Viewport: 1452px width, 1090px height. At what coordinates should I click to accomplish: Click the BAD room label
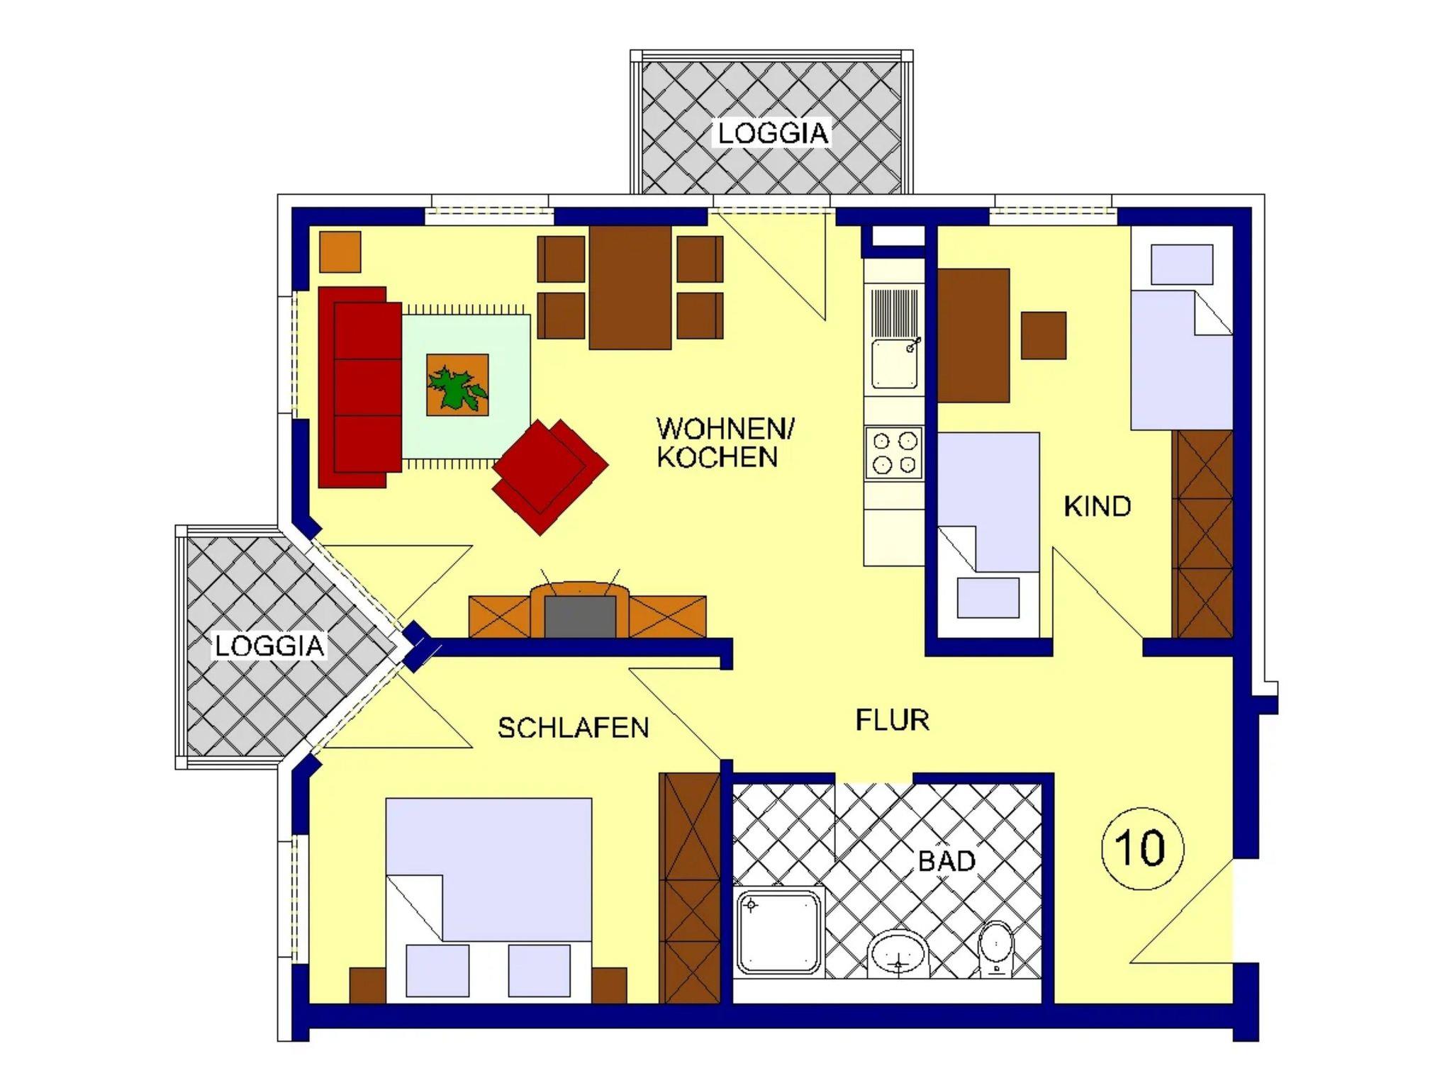point(946,861)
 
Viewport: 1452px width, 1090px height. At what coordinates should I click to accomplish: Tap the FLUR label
point(892,720)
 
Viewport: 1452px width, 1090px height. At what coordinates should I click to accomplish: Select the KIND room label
point(1097,507)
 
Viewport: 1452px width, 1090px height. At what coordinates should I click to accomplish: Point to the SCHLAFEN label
point(573,728)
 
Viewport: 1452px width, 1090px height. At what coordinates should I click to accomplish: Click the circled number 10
point(1142,848)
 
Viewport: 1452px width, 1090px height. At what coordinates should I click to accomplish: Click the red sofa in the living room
point(360,387)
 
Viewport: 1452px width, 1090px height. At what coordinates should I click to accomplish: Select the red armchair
point(550,476)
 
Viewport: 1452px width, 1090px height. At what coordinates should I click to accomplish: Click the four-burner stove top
point(893,453)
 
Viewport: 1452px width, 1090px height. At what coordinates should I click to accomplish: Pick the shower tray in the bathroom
point(779,933)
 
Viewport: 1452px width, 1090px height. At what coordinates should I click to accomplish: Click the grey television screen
point(580,617)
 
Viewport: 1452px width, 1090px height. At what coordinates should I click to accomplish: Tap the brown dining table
point(630,287)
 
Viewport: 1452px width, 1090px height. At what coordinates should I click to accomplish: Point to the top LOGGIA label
point(773,134)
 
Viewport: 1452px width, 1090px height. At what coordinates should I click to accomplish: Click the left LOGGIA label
point(269,646)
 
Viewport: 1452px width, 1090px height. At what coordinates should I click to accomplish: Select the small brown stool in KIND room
point(1044,335)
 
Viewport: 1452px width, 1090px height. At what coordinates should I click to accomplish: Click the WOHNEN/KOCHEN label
point(725,443)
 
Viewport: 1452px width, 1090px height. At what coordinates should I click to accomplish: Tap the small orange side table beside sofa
point(340,252)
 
